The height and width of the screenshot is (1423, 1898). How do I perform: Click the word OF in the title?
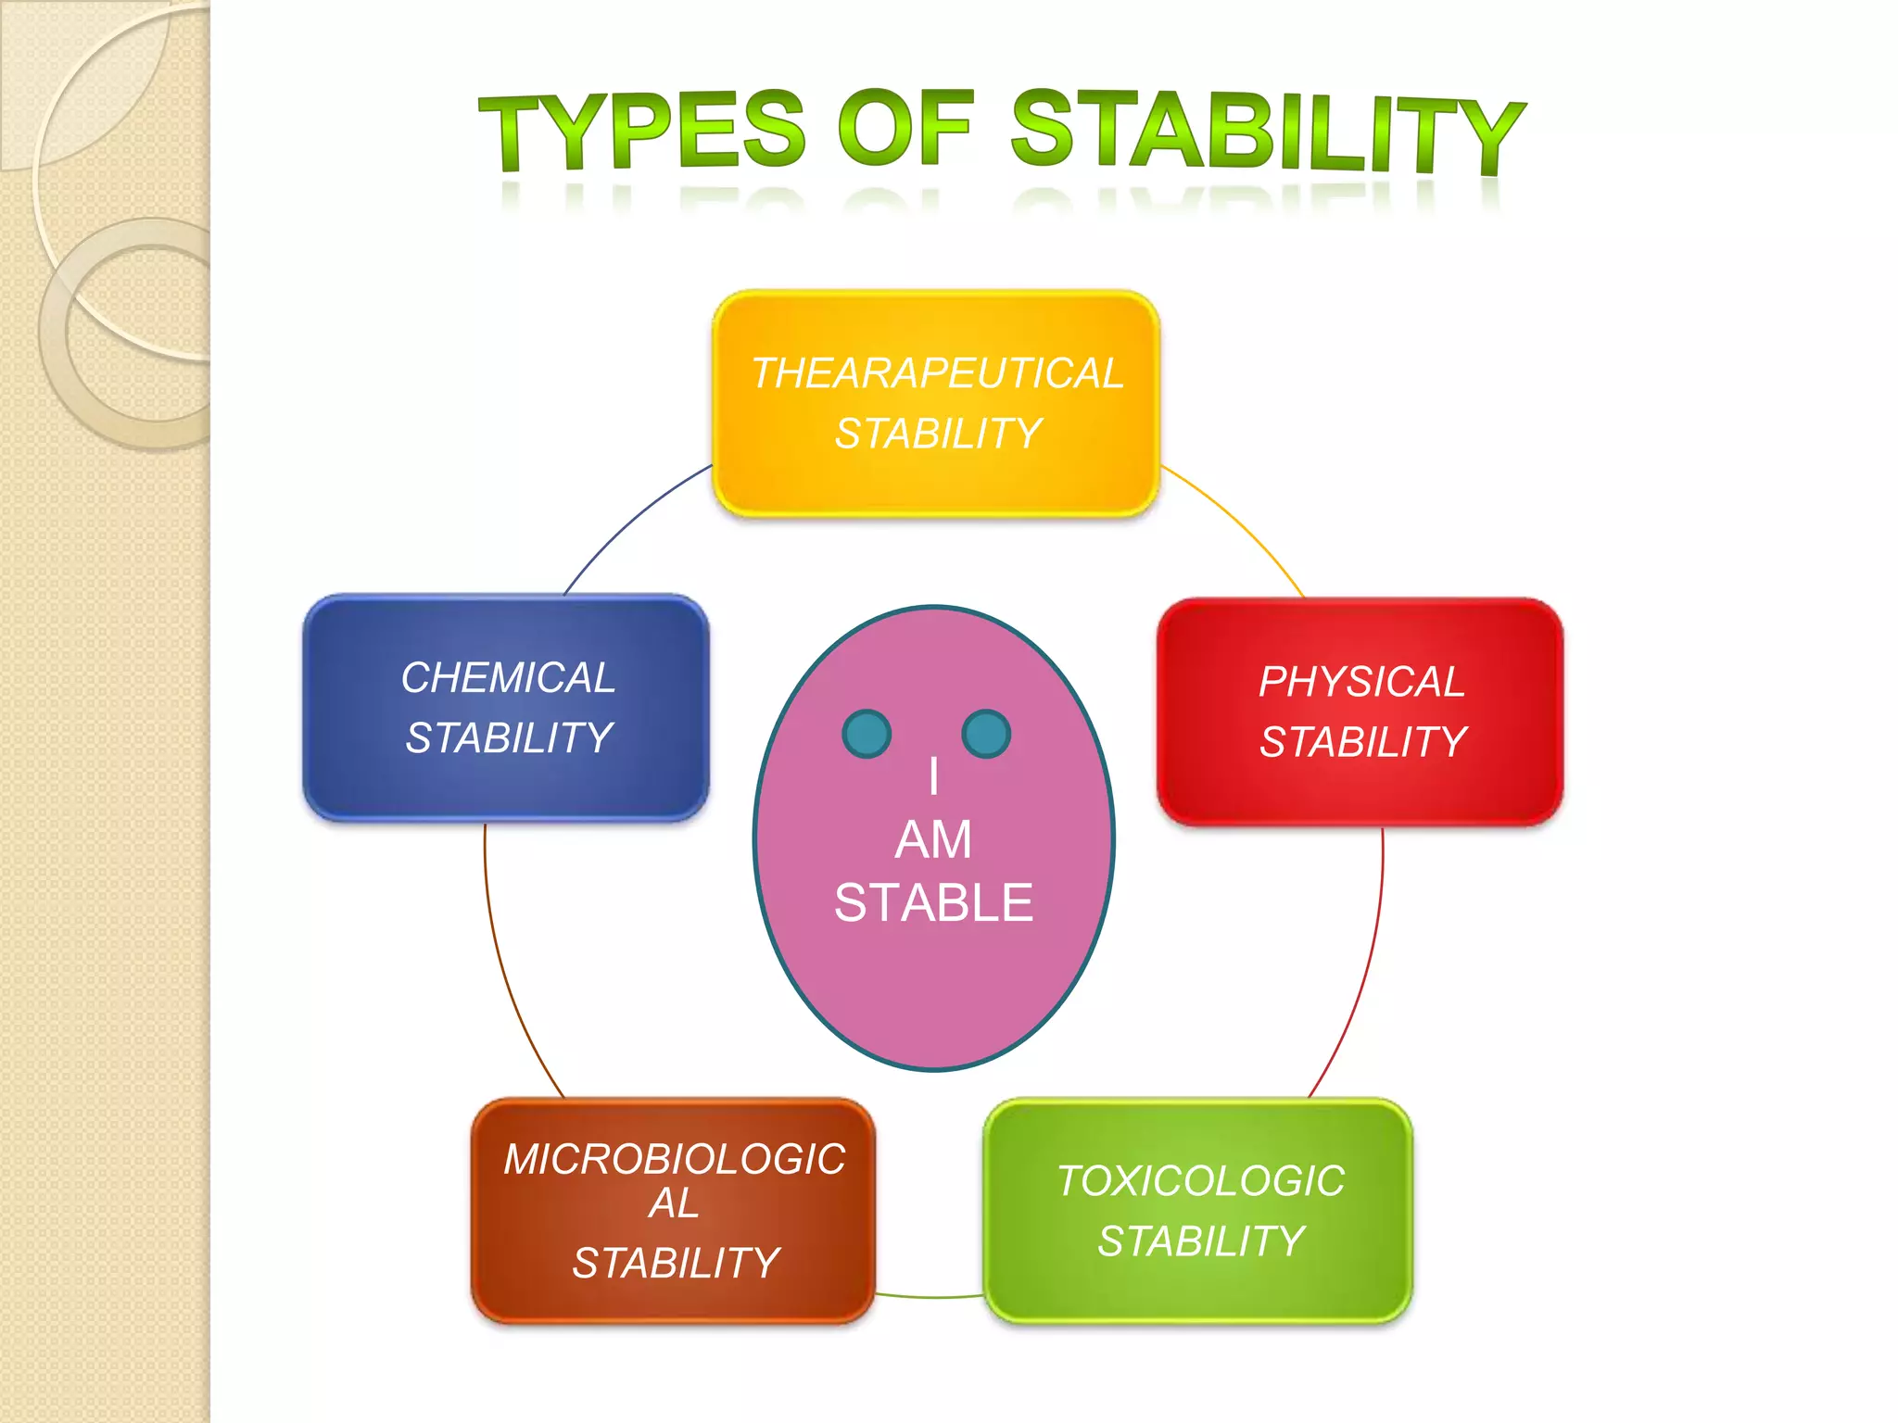905,130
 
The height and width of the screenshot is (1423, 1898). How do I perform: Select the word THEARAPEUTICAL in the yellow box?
937,373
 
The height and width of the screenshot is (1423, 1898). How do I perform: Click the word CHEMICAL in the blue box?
508,677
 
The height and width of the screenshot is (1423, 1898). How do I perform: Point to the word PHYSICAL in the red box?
1361,682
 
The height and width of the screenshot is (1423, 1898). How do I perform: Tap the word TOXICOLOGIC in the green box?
1200,1181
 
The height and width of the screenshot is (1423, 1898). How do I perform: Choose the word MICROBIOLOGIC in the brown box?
674,1159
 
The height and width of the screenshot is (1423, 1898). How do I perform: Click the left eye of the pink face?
867,734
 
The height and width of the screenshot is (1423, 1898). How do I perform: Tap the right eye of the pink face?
986,734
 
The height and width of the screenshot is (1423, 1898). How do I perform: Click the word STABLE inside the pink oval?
933,903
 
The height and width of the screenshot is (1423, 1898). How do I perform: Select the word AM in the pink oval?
933,840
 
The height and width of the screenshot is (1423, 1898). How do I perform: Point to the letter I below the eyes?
933,776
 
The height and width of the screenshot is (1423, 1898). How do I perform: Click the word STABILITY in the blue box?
508,738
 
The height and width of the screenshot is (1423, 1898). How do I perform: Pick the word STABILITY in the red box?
1362,742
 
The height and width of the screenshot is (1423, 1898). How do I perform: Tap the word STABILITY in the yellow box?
938,434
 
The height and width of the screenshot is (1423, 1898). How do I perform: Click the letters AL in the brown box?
674,1203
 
